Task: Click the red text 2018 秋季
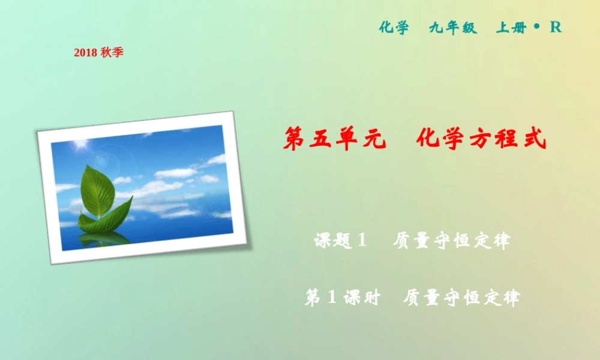coord(98,53)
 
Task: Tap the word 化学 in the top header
coord(394,28)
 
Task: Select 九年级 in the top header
coord(452,28)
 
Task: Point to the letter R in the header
coord(556,28)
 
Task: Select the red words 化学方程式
coord(481,139)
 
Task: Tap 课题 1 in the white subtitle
coord(340,241)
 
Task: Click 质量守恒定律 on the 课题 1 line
coord(451,241)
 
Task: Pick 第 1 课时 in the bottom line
coord(342,297)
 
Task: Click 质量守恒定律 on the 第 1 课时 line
coord(461,297)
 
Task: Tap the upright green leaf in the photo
coord(97,191)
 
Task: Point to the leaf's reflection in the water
coord(105,239)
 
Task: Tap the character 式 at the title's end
coord(534,139)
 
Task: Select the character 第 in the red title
coord(295,139)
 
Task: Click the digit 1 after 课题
coord(361,241)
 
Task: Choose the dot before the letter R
coord(536,26)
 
